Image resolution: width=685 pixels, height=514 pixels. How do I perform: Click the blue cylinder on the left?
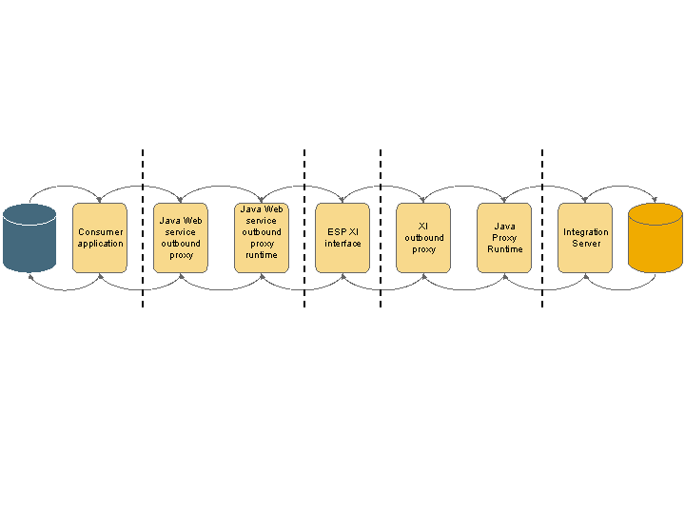click(x=29, y=238)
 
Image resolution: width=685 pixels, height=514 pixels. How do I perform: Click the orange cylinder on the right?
click(x=656, y=238)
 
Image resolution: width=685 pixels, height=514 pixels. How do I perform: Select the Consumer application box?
click(x=100, y=238)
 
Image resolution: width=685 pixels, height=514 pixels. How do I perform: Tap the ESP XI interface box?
click(x=342, y=238)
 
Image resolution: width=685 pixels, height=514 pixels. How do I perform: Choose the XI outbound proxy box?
click(x=423, y=238)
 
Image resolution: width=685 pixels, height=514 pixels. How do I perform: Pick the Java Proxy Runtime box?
click(x=504, y=238)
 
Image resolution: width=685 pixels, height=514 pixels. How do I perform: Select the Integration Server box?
click(x=585, y=238)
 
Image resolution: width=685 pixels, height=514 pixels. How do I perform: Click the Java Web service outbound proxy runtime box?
click(x=262, y=238)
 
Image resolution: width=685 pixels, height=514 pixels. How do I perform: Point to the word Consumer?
click(x=101, y=232)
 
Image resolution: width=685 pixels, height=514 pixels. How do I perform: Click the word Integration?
click(x=586, y=232)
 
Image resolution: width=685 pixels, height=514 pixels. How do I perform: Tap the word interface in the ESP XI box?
click(x=342, y=244)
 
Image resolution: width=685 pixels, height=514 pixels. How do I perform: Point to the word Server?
click(x=586, y=244)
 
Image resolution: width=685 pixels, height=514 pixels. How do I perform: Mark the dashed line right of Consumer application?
click(x=143, y=228)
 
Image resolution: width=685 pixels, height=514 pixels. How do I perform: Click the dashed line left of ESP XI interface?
click(x=304, y=228)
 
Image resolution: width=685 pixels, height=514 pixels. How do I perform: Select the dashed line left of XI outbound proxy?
click(x=381, y=228)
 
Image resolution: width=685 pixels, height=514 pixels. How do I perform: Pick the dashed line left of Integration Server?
click(x=542, y=228)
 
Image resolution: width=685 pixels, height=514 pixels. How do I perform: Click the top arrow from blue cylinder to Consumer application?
click(x=65, y=187)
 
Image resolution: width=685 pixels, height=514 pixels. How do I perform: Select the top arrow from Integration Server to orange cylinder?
click(x=620, y=187)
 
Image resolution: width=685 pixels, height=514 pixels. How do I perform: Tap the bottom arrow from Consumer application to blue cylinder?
click(x=65, y=289)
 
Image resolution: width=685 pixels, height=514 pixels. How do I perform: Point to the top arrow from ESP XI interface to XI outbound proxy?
click(x=382, y=187)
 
